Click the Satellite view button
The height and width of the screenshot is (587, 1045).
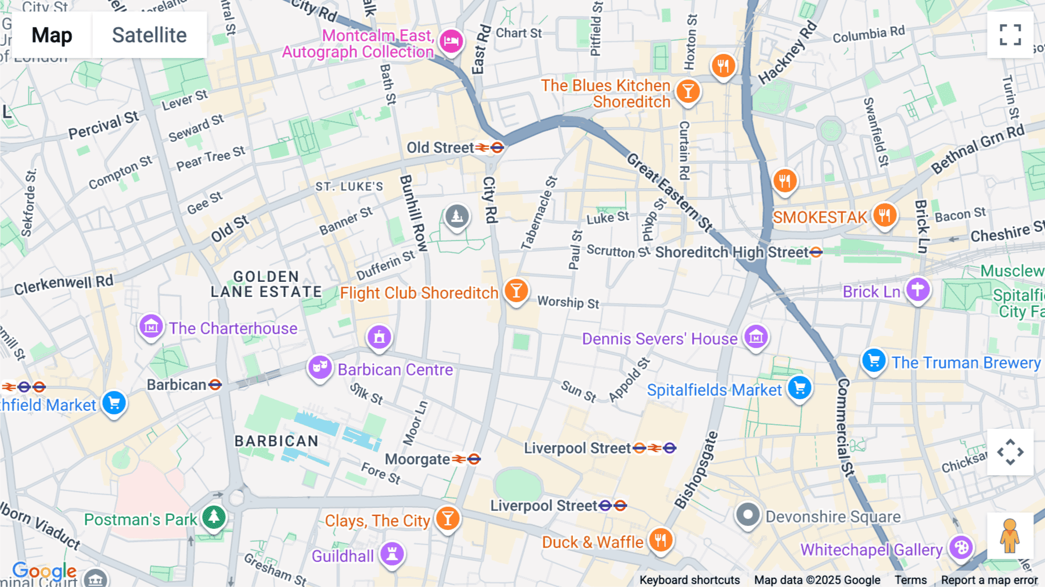tap(149, 35)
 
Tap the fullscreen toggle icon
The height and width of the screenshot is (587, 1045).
tap(1010, 35)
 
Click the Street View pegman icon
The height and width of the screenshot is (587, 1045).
tap(1010, 535)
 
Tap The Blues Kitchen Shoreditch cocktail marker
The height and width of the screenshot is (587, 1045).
tap(688, 92)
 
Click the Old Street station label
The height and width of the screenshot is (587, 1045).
tap(440, 148)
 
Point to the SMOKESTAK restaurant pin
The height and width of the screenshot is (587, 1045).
tap(884, 216)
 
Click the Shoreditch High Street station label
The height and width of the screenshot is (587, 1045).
tap(732, 253)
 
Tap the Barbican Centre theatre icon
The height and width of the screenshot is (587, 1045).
tap(320, 368)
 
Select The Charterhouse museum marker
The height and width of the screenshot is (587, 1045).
tap(151, 327)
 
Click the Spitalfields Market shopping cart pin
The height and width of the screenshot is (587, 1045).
tap(799, 388)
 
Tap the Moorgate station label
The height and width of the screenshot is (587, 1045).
tap(417, 460)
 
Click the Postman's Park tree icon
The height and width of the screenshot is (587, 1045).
tap(214, 517)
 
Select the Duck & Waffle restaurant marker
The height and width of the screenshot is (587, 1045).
tap(660, 541)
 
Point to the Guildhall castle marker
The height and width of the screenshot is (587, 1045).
tap(392, 554)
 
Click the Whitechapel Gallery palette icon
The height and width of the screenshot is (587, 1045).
tap(961, 548)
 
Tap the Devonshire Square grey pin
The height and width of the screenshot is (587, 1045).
tap(748, 515)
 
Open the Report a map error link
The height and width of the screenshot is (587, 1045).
tap(989, 580)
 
